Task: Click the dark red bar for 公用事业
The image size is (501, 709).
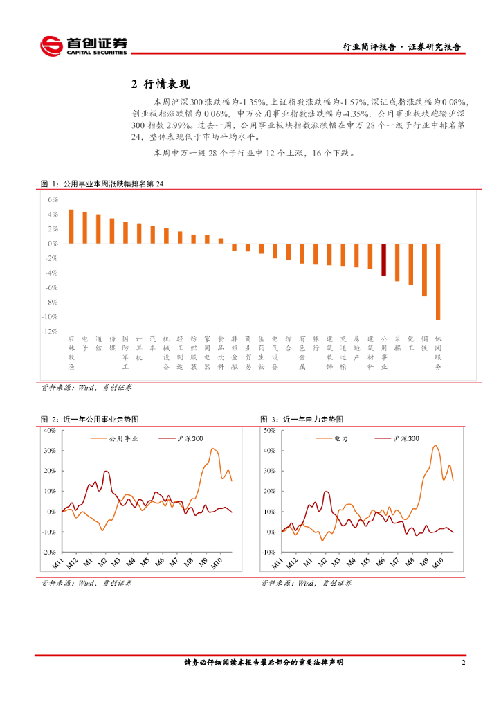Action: click(x=384, y=260)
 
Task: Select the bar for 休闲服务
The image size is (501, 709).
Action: click(x=438, y=281)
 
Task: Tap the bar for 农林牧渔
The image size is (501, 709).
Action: click(x=71, y=226)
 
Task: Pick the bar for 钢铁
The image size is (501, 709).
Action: click(x=424, y=269)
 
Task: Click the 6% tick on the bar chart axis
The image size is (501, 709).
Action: click(x=53, y=199)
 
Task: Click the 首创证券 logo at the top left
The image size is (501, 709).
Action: click(x=84, y=46)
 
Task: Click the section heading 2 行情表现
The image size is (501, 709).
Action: click(x=160, y=84)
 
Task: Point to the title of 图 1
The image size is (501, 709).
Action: click(x=104, y=184)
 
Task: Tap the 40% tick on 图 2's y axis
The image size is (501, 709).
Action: click(x=49, y=430)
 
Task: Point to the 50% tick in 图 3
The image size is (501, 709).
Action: click(x=268, y=430)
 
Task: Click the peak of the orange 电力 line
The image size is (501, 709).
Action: click(x=435, y=445)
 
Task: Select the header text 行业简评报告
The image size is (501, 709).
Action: click(x=370, y=47)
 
